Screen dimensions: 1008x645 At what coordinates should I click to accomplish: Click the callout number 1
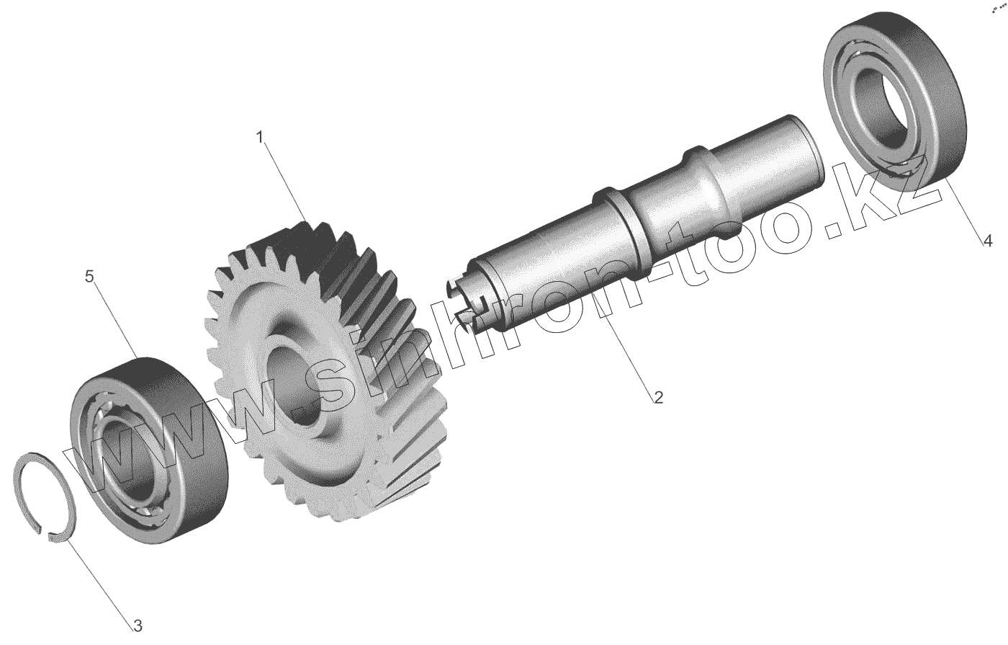point(259,138)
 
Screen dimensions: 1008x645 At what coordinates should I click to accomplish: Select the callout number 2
point(658,397)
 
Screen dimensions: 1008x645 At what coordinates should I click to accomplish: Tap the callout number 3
point(138,626)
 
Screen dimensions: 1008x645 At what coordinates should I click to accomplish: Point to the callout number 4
point(987,241)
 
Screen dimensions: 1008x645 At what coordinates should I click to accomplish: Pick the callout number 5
point(89,276)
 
